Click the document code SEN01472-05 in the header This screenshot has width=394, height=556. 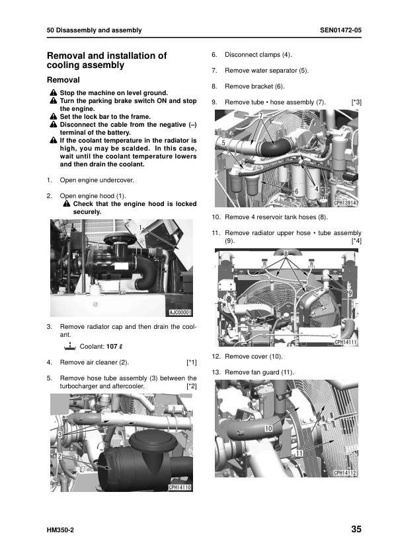pos(340,30)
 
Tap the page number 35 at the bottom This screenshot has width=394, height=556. pos(356,529)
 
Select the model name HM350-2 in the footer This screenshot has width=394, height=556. pos(60,530)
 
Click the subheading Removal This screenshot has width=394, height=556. pos(63,80)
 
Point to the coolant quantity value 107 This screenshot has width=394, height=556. pos(112,347)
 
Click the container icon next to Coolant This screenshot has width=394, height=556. pos(70,346)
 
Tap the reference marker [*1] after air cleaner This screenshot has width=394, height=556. pos(191,363)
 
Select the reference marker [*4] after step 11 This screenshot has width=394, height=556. pos(356,241)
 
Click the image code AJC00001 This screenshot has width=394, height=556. pos(180,312)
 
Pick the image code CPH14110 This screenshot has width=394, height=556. pos(180,487)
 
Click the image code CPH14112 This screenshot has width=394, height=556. pos(345,473)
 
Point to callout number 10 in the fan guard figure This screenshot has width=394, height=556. pos(268,429)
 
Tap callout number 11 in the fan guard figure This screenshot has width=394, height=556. pos(299,453)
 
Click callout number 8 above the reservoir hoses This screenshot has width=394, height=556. pos(286,253)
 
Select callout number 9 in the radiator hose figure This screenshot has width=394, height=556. pos(350,293)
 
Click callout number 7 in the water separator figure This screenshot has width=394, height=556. pos(261,116)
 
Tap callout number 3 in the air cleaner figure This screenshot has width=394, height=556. pos(60,434)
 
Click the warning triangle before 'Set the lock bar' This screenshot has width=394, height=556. pos(54,116)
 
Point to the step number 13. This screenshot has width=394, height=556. pos(216,372)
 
